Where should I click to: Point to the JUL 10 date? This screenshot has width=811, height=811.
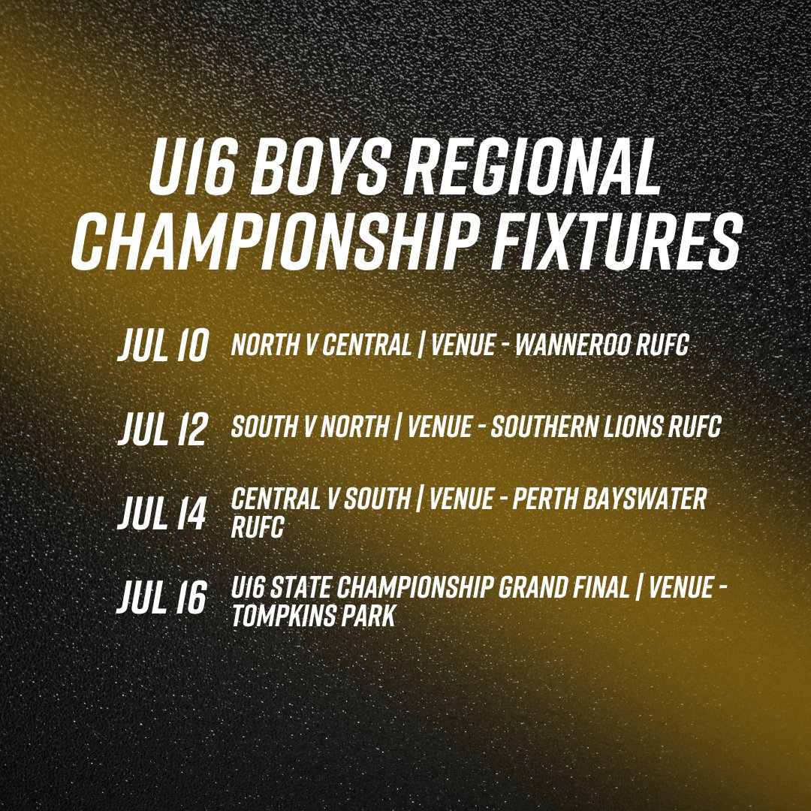tap(162, 347)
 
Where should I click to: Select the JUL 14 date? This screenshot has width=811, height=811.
tap(162, 514)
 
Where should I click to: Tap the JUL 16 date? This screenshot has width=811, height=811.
tap(162, 598)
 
